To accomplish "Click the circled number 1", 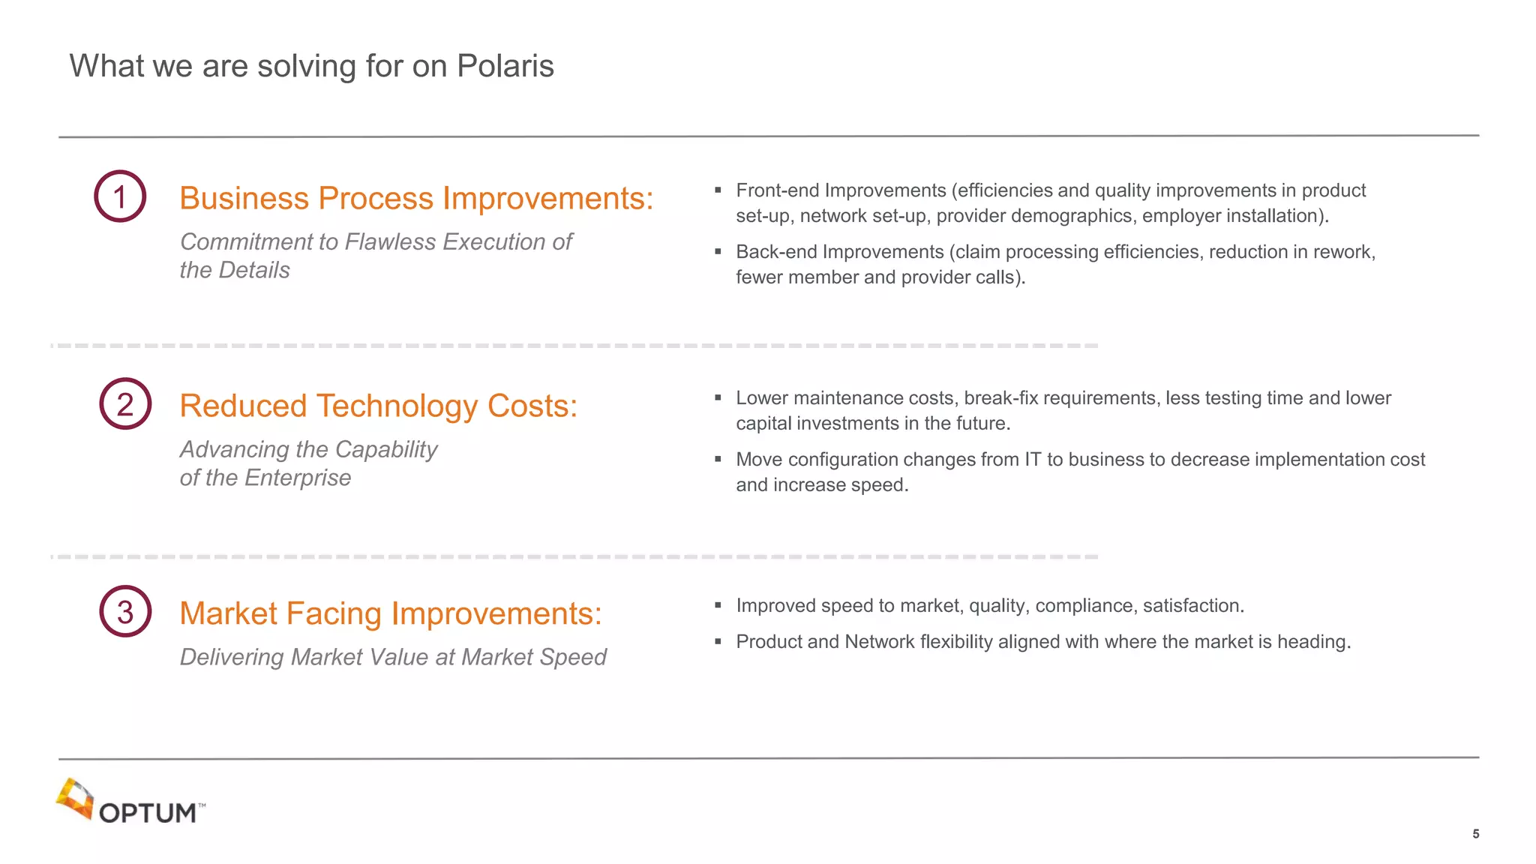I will click(x=120, y=196).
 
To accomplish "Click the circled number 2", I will click(x=125, y=404).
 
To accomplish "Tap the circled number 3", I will click(x=125, y=612).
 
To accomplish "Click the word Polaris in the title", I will click(x=505, y=66).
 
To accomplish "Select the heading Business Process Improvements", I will click(x=416, y=199).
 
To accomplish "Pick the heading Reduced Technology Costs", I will click(x=379, y=406).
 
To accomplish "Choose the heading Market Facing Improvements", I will click(x=391, y=614).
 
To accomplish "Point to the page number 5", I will click(x=1475, y=834).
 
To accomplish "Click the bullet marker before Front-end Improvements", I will click(x=718, y=190).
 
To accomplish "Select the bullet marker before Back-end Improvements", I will click(x=718, y=252).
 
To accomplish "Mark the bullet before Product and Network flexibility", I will click(x=718, y=642).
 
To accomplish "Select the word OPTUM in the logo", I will click(x=148, y=814).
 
